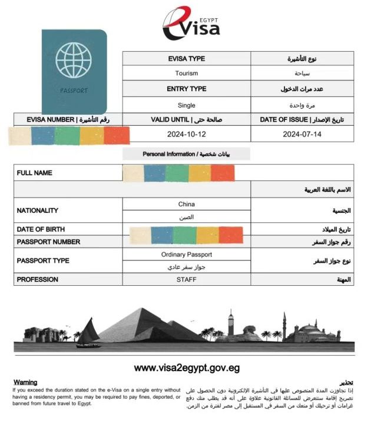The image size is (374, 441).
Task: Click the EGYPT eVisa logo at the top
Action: click(191, 24)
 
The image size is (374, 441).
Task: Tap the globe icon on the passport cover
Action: click(74, 59)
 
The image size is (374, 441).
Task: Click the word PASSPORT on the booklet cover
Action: click(74, 91)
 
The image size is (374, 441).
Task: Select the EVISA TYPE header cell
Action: click(186, 59)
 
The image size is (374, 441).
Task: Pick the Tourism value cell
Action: click(186, 73)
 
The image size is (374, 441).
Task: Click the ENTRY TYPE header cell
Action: click(186, 89)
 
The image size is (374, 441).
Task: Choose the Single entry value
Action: click(186, 105)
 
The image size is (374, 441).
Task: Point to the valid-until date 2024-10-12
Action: click(186, 134)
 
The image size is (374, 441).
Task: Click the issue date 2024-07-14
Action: click(303, 134)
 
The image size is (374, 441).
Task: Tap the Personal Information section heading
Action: click(186, 154)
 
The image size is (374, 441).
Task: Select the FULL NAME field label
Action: click(35, 173)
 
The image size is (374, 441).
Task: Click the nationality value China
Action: click(186, 204)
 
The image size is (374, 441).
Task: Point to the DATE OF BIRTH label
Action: click(41, 229)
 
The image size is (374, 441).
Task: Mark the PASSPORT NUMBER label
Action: click(48, 242)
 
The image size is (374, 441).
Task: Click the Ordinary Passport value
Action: click(186, 255)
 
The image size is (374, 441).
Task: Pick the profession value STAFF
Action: click(186, 279)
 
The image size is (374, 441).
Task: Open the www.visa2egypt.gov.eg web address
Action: click(186, 368)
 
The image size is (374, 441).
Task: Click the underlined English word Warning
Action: click(25, 382)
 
